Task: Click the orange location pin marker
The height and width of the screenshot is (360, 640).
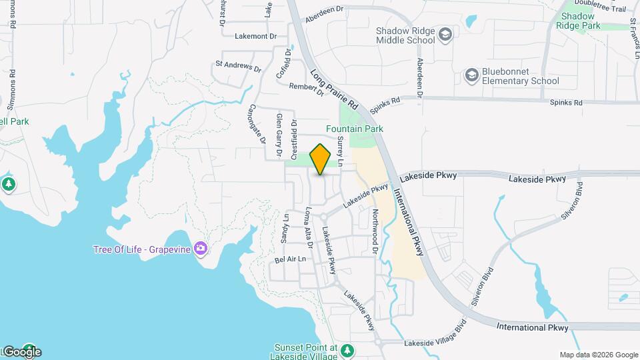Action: pyautogui.click(x=321, y=159)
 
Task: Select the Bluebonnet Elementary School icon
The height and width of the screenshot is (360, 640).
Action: pyautogui.click(x=472, y=75)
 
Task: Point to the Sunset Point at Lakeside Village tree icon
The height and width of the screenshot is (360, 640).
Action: pyautogui.click(x=346, y=349)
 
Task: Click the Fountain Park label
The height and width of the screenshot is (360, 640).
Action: pyautogui.click(x=354, y=129)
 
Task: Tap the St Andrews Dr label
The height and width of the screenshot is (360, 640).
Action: pyautogui.click(x=238, y=67)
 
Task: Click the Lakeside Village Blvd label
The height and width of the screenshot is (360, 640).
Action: pyautogui.click(x=435, y=336)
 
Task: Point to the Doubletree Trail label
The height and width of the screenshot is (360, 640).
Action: pyautogui.click(x=604, y=9)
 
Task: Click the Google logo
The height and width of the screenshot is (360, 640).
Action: pyautogui.click(x=22, y=352)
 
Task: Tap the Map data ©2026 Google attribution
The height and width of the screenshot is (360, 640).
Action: pyautogui.click(x=598, y=355)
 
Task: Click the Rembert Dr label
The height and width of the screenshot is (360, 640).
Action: pyautogui.click(x=306, y=89)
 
